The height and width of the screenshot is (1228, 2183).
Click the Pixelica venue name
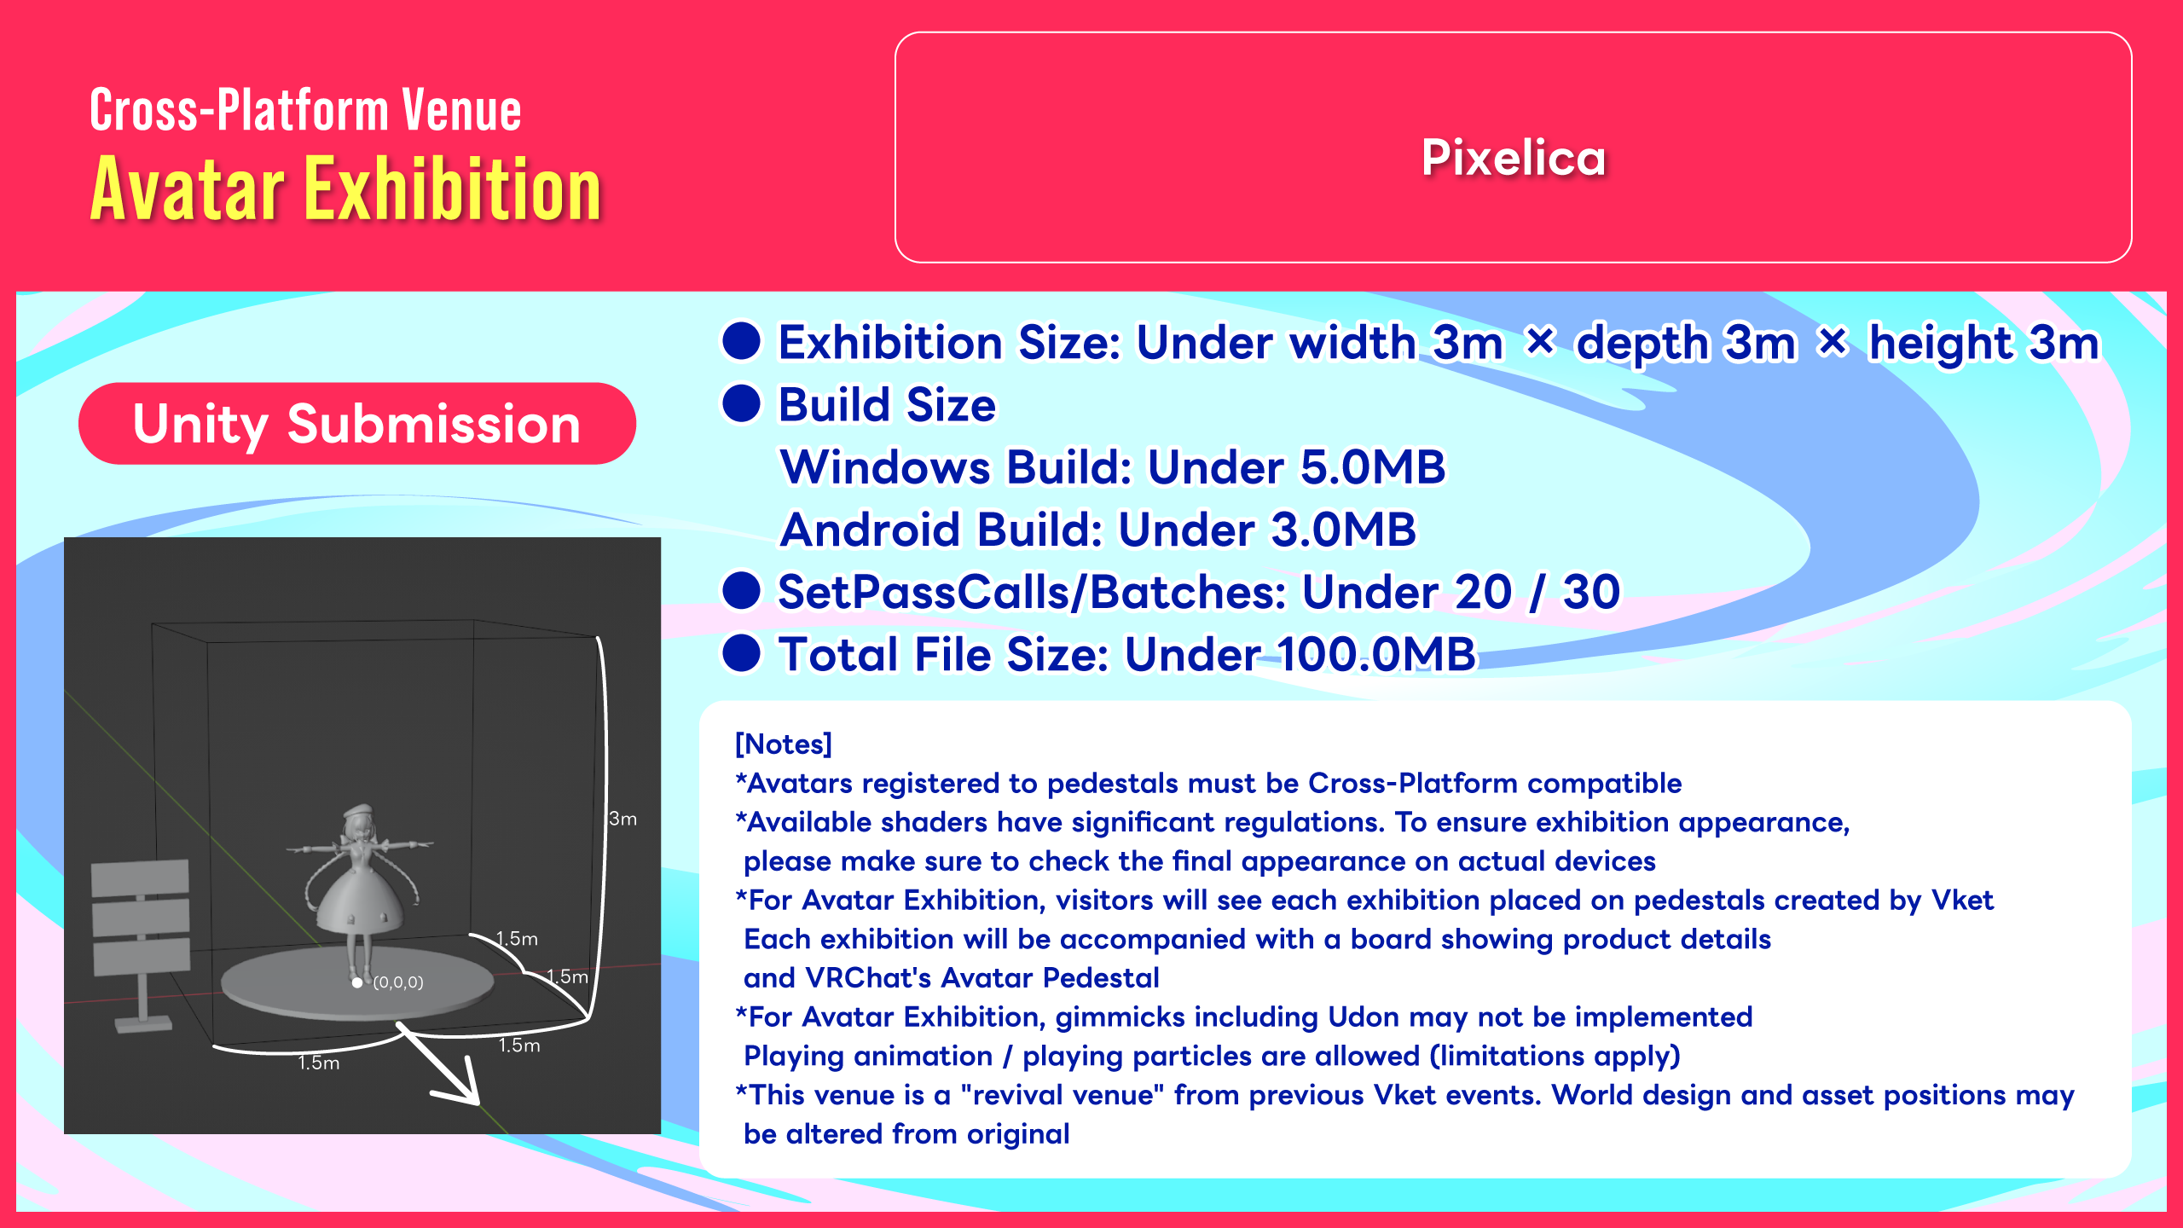coord(1514,158)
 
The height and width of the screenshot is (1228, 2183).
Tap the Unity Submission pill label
coord(356,424)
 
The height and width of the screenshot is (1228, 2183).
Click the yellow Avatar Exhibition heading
coord(346,188)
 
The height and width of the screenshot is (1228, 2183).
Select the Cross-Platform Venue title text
coord(305,110)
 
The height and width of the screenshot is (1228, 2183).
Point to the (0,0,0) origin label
coord(398,982)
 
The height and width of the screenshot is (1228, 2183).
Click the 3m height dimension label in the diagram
coord(623,819)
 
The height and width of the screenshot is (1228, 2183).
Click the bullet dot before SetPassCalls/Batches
coord(741,592)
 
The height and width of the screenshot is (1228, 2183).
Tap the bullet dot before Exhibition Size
coord(741,341)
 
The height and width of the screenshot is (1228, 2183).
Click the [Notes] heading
coord(783,744)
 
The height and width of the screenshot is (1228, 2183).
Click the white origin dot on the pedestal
coord(357,983)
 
